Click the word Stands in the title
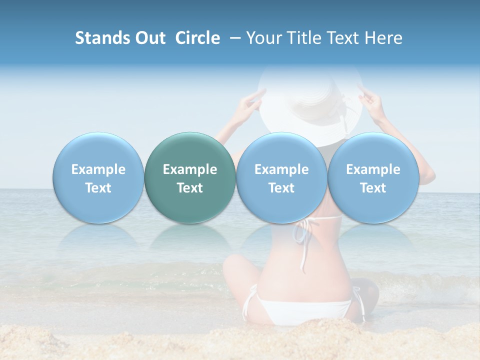pyautogui.click(x=100, y=38)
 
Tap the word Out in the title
pyautogui.click(x=148, y=38)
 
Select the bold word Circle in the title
pyautogui.click(x=197, y=38)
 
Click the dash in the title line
pyautogui.click(x=235, y=38)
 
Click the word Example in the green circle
pyautogui.click(x=190, y=169)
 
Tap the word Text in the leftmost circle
pyautogui.click(x=98, y=188)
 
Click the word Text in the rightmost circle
pyautogui.click(x=373, y=188)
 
